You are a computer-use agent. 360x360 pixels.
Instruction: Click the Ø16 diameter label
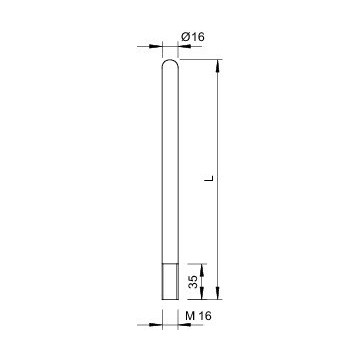point(193,37)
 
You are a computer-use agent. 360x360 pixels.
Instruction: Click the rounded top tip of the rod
point(171,63)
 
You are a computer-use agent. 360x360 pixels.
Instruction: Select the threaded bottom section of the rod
point(171,281)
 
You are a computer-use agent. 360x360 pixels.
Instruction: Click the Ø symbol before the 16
point(186,37)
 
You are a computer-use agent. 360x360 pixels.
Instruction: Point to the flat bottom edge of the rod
point(171,298)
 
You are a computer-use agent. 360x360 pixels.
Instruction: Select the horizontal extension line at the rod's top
point(200,60)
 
